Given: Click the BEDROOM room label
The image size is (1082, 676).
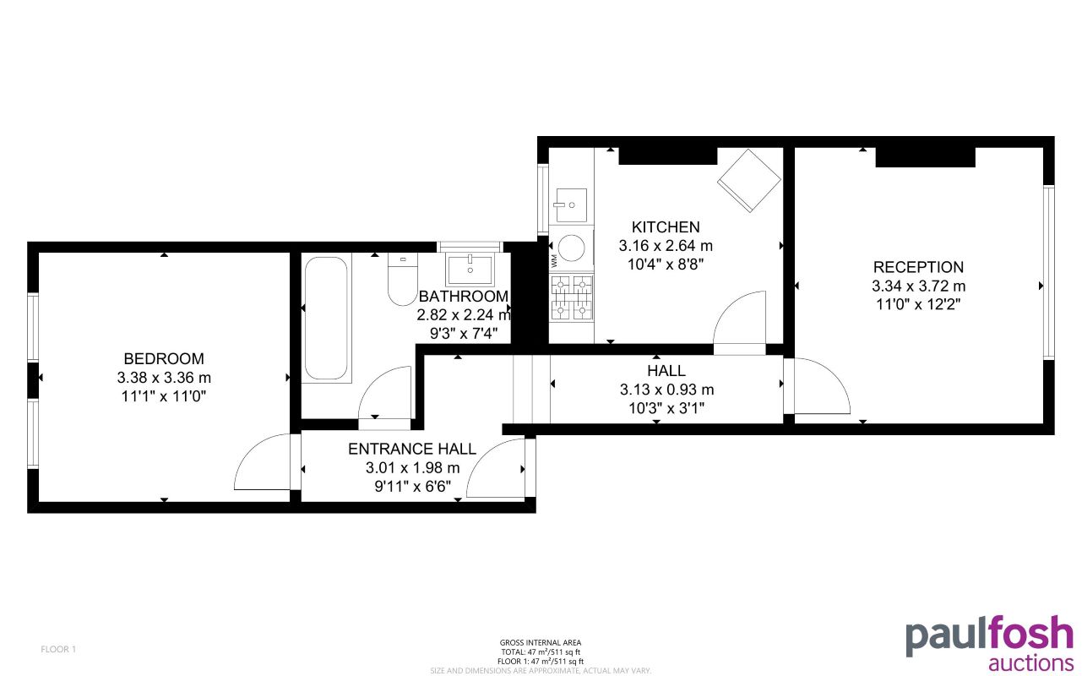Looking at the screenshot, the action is pyautogui.click(x=164, y=358).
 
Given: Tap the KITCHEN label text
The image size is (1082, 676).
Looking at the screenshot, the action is pyautogui.click(x=666, y=226).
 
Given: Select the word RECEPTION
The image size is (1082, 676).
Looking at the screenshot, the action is pyautogui.click(x=918, y=267).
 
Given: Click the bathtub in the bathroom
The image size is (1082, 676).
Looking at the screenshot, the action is pyautogui.click(x=326, y=318).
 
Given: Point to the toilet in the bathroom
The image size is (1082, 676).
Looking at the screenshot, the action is pyautogui.click(x=402, y=281).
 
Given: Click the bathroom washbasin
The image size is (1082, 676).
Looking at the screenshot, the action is pyautogui.click(x=470, y=270).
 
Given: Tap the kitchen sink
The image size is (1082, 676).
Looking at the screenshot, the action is pyautogui.click(x=571, y=204).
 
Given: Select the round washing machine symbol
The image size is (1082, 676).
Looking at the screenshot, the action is pyautogui.click(x=572, y=248).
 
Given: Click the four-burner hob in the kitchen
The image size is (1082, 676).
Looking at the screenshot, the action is pyautogui.click(x=572, y=298).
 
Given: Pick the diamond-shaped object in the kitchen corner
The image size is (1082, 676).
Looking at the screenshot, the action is pyautogui.click(x=748, y=181).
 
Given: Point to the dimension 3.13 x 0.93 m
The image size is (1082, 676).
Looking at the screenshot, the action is pyautogui.click(x=666, y=390).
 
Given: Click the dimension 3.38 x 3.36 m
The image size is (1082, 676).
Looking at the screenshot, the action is pyautogui.click(x=164, y=378).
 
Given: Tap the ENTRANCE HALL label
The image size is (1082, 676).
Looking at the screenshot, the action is pyautogui.click(x=412, y=449).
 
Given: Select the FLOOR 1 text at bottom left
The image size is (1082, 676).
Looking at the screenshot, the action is pyautogui.click(x=58, y=650).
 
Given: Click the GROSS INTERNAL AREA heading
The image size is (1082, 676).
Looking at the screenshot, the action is pyautogui.click(x=541, y=643).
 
